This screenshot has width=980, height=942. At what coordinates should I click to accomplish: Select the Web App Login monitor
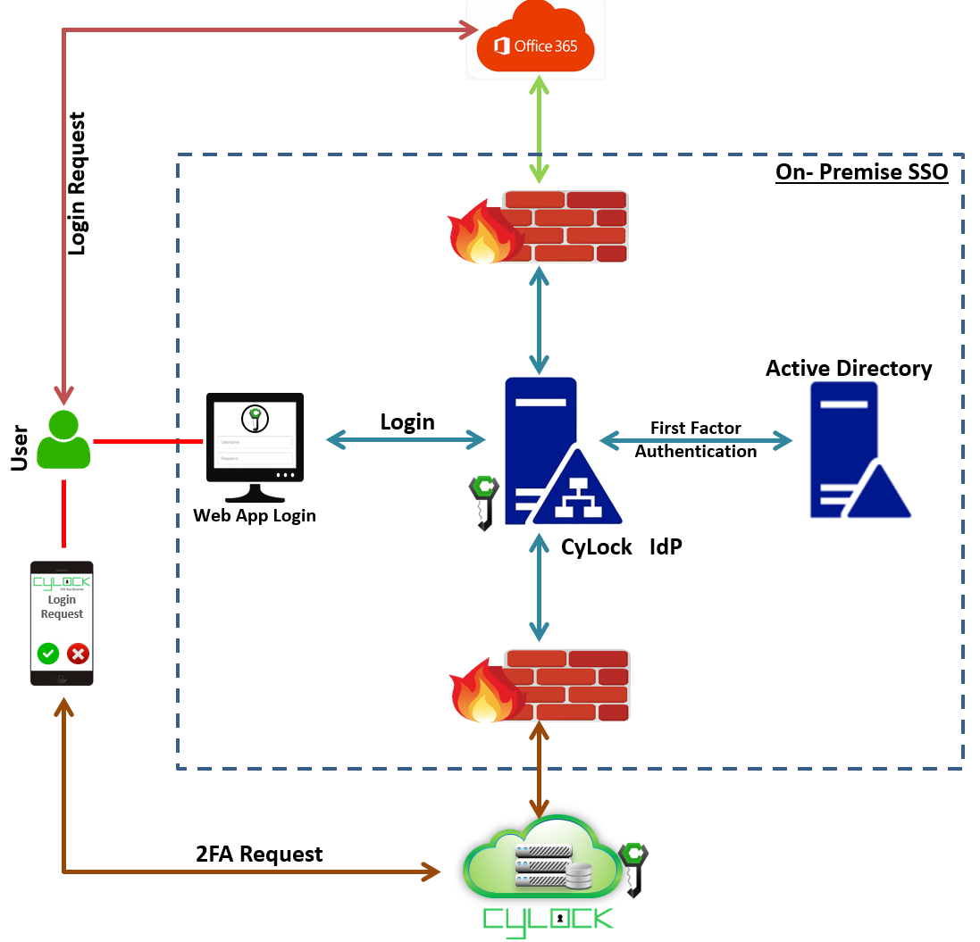(255, 446)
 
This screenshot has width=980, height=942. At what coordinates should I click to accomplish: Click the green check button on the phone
(48, 654)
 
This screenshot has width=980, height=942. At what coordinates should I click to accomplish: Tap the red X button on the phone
(79, 654)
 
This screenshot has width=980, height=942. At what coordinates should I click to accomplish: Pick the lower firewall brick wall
(563, 686)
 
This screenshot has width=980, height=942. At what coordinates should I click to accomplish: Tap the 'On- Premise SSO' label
(861, 171)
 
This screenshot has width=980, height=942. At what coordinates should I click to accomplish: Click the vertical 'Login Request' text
(78, 183)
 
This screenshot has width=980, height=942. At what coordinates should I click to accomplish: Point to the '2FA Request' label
(259, 854)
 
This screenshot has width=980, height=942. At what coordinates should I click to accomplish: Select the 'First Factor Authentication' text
(695, 440)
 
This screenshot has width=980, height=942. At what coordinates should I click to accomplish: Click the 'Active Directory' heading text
(849, 369)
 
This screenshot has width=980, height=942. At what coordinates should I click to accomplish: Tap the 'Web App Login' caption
(255, 515)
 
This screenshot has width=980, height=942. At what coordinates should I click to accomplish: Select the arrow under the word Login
(406, 439)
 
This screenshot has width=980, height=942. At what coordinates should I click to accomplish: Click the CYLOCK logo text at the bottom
(548, 919)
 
